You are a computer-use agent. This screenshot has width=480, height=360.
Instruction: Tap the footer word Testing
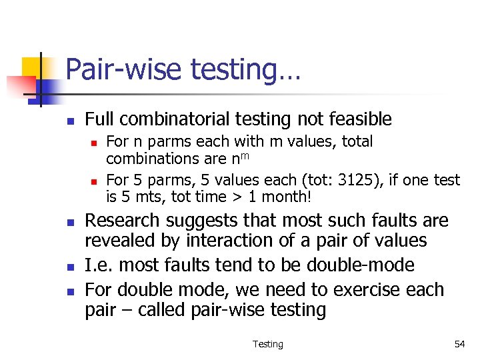click(267, 344)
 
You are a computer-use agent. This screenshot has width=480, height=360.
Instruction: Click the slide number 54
click(459, 344)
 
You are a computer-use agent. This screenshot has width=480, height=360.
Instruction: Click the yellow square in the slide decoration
click(32, 67)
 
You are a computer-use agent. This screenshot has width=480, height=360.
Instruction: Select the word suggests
click(207, 221)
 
